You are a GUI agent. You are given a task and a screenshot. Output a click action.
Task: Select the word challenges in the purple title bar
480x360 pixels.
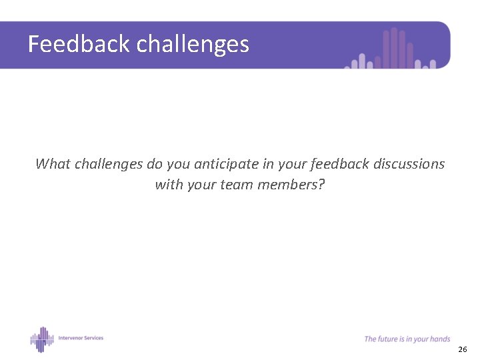[x=193, y=45]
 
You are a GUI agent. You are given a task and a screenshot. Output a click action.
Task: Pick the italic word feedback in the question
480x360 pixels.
[x=338, y=163]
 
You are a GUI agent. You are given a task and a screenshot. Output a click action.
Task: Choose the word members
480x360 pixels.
[x=289, y=184]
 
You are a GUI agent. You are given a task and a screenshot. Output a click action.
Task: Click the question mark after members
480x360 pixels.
[x=321, y=184]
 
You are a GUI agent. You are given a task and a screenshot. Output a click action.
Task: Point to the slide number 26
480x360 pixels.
[x=463, y=349]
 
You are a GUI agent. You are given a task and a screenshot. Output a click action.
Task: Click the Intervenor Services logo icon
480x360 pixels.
[x=41, y=339]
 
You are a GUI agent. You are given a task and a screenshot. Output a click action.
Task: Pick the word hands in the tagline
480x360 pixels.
[x=441, y=339]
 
